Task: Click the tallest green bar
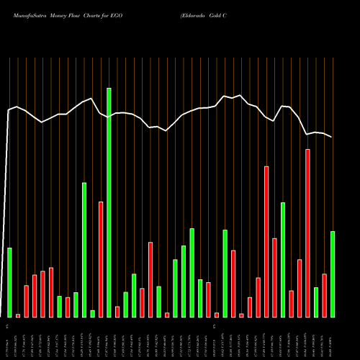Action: click(109, 202)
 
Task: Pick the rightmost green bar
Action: click(333, 274)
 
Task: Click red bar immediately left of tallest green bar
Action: click(101, 259)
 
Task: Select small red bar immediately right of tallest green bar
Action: click(117, 312)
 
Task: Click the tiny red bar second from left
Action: click(18, 315)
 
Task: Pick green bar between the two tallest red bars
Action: click(283, 260)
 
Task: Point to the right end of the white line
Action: click(332, 137)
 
